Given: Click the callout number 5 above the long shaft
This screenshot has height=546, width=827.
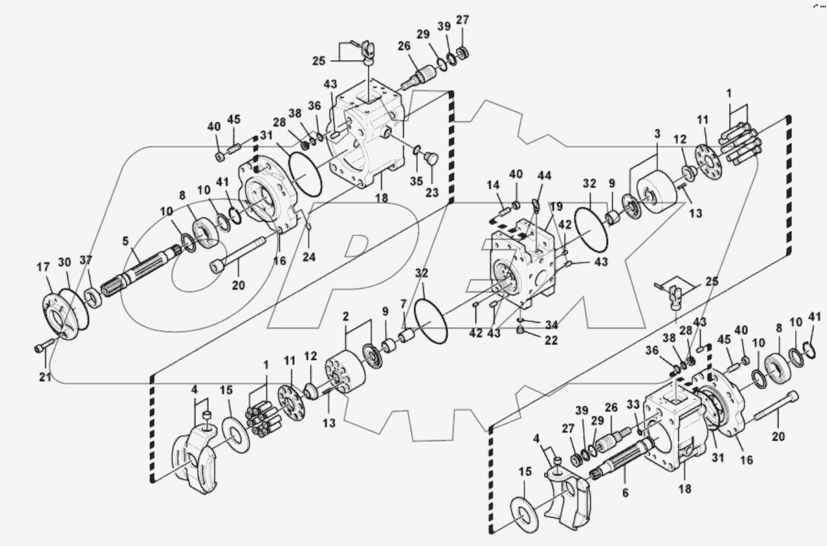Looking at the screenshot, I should [126, 241].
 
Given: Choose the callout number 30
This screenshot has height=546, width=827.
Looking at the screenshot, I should [64, 262].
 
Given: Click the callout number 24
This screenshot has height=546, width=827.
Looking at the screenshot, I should [309, 258].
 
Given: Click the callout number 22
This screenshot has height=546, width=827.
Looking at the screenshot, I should [551, 341].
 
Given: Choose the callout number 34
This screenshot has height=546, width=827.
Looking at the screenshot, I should [551, 324].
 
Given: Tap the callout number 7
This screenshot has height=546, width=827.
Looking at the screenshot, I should [403, 304].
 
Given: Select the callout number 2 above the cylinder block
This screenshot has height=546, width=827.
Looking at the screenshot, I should [346, 317].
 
